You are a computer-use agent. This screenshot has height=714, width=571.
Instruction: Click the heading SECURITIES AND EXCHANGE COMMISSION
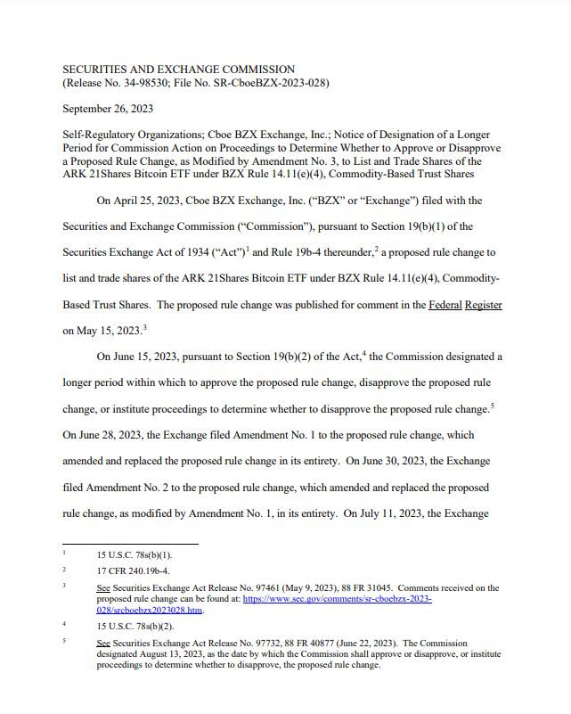pos(178,69)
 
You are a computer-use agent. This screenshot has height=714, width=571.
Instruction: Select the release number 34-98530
pos(129,83)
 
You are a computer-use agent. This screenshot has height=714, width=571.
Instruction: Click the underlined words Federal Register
pos(465,305)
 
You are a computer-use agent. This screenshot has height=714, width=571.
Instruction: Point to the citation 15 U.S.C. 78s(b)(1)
pos(134,554)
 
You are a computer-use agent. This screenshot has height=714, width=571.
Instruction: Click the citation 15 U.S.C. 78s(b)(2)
pos(134,626)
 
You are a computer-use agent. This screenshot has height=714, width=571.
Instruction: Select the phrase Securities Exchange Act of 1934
pos(133,252)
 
